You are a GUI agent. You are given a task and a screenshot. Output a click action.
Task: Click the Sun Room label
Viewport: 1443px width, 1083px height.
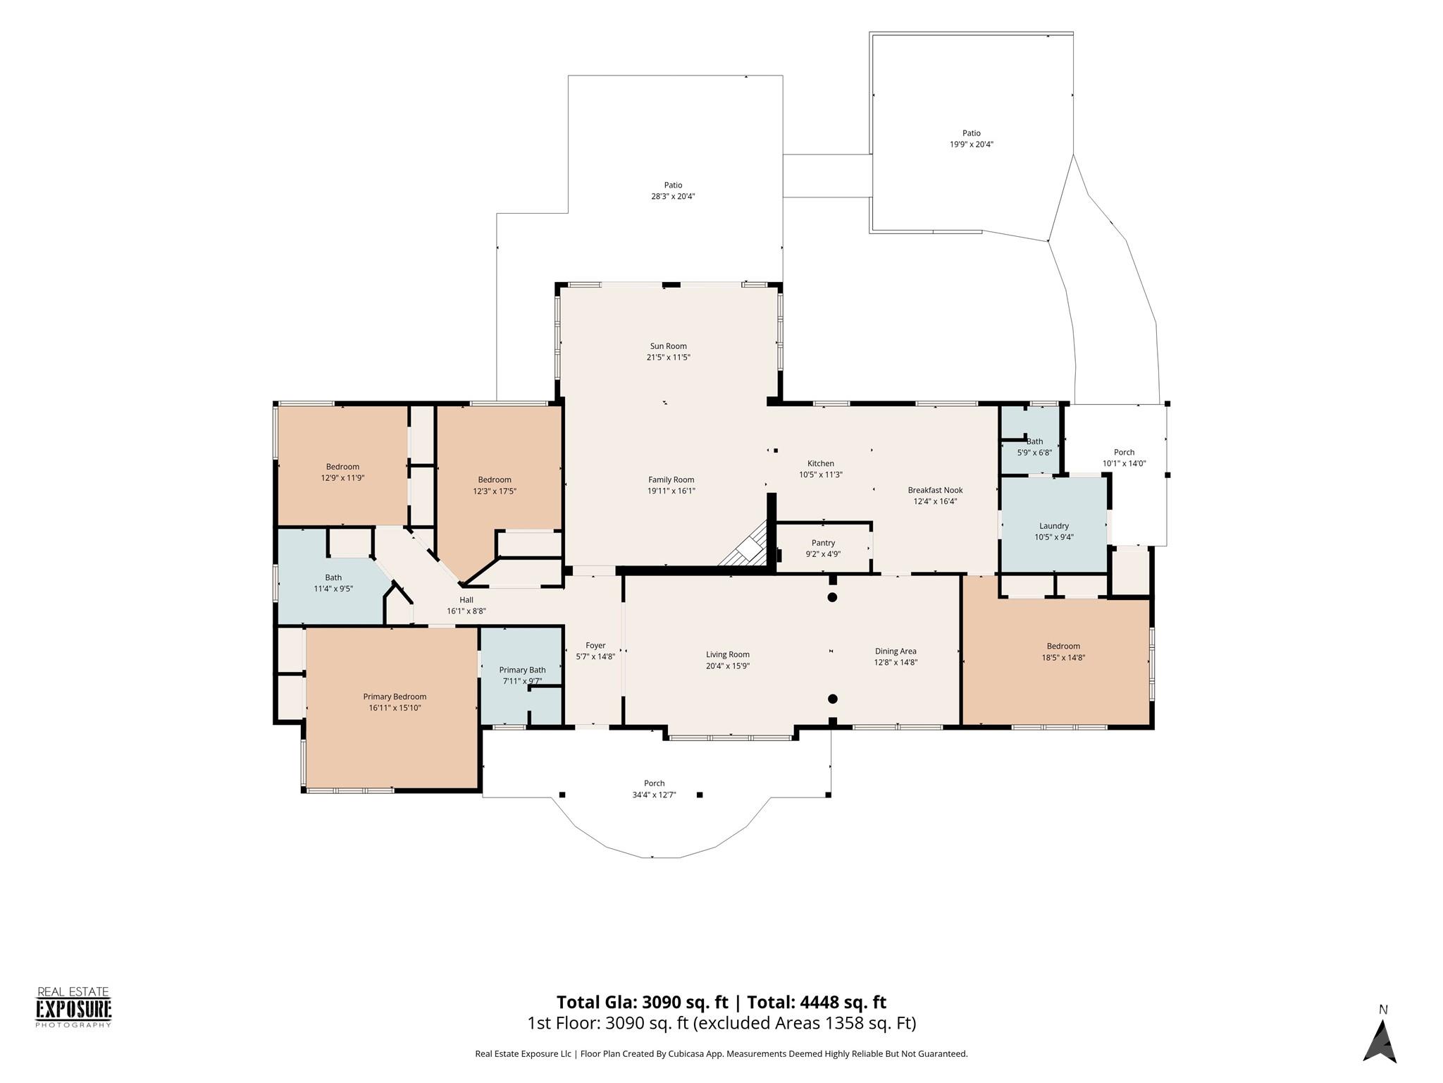point(668,346)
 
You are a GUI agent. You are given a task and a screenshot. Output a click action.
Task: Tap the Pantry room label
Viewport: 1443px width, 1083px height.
point(823,543)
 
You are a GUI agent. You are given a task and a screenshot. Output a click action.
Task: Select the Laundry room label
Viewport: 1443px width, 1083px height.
point(1054,526)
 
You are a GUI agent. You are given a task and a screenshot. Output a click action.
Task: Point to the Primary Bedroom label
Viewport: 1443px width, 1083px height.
point(395,697)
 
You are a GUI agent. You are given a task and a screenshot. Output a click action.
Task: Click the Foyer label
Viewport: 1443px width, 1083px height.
point(595,645)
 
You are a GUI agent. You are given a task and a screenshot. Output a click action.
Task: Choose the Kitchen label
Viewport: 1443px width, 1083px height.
point(821,463)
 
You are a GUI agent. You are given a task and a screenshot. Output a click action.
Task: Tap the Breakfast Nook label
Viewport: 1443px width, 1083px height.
point(935,490)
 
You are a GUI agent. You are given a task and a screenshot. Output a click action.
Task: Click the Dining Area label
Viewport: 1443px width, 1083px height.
point(896,651)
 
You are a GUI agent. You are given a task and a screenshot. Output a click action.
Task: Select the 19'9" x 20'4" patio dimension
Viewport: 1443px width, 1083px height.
point(972,145)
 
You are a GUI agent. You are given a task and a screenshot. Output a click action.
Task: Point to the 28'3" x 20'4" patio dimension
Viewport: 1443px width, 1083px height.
point(673,197)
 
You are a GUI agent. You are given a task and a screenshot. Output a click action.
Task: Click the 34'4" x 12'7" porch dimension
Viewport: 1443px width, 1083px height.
point(654,795)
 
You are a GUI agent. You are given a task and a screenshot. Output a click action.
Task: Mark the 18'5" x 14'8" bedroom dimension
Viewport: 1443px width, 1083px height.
point(1063,658)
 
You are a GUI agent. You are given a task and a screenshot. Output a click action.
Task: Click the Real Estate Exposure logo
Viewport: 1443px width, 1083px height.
point(74,1008)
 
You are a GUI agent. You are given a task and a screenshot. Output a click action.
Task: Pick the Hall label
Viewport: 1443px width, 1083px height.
point(466,600)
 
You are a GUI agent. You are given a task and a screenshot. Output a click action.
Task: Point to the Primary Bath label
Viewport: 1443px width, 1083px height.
point(522,670)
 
